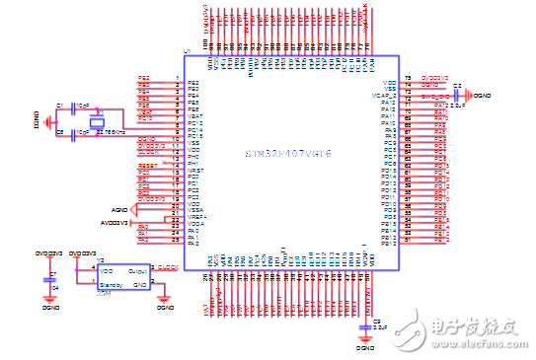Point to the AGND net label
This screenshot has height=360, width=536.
tap(119, 210)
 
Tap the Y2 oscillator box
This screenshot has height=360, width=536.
tap(124, 276)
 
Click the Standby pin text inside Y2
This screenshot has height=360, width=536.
tap(113, 284)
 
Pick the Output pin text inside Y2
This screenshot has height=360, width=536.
tap(138, 268)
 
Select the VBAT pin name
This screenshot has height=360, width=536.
tap(195, 115)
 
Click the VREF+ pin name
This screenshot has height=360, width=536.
tap(195, 216)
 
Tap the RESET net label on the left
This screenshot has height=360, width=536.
tap(147, 165)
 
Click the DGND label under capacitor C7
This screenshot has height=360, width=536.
tap(51, 307)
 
